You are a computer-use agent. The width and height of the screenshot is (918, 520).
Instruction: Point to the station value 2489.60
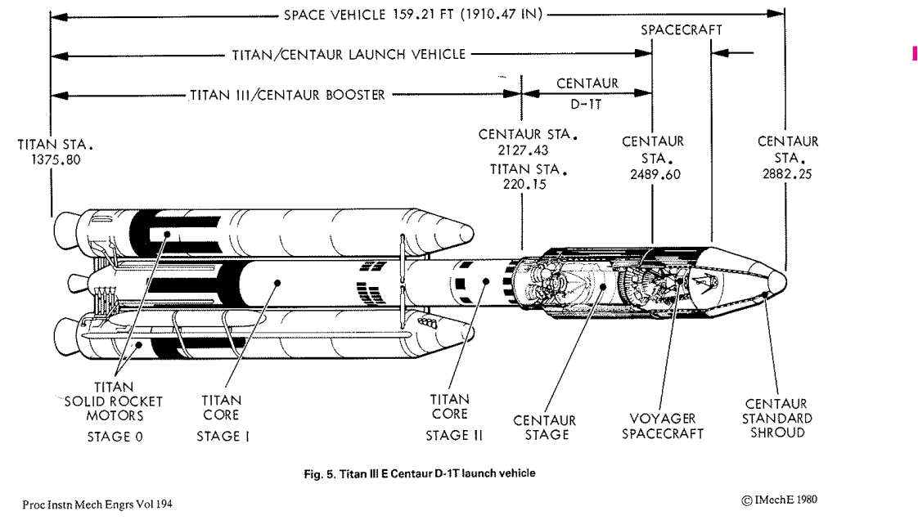[x=652, y=174]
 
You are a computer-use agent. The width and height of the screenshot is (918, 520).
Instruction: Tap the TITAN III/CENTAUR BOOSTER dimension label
[x=286, y=94]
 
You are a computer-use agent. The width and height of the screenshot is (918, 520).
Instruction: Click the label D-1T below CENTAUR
[x=587, y=105]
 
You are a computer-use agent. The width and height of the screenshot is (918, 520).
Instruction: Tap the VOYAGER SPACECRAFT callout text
[x=663, y=427]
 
